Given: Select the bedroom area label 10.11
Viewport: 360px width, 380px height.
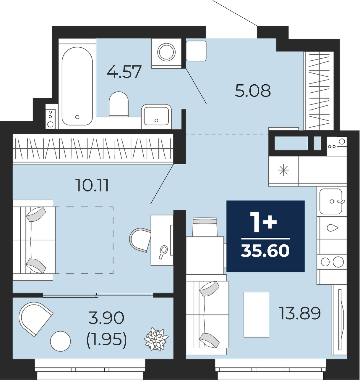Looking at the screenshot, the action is pos(93,185).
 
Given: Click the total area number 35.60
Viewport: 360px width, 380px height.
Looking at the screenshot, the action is pos(265,251).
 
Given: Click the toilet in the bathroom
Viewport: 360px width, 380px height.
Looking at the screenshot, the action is pos(119,104).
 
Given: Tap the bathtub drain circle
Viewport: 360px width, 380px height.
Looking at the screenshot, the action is pos(77,117).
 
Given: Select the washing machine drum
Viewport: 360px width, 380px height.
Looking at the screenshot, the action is pos(166,52).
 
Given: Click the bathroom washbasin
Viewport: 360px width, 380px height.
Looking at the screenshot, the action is pos(156,117).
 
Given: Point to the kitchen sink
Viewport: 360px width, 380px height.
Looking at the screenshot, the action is pos(331,201).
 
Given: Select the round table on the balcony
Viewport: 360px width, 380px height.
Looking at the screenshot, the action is pos(60,341).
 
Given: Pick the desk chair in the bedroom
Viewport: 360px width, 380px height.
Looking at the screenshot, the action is pos(140,240).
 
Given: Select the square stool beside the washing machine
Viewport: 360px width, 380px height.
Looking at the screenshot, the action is pos(196,51).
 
